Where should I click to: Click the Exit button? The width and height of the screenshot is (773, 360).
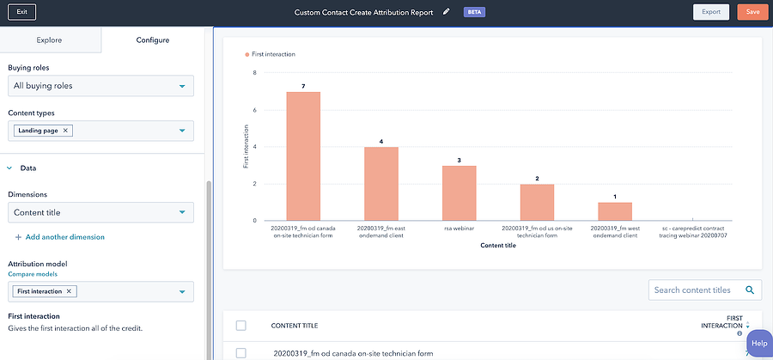(21, 12)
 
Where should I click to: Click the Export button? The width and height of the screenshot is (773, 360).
(710, 12)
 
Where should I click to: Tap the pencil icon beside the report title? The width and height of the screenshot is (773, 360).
(446, 12)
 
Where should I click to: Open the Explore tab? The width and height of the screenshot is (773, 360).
(49, 40)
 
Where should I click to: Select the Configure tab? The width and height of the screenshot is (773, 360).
(153, 40)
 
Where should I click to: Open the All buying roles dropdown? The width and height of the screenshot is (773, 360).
(100, 86)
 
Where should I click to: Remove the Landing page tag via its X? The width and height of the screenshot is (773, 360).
(66, 131)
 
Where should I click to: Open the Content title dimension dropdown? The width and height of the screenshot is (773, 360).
(100, 212)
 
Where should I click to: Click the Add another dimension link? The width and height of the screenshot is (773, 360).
(60, 237)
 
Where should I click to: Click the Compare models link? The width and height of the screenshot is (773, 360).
(33, 274)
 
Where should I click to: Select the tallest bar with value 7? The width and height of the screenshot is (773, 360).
(303, 156)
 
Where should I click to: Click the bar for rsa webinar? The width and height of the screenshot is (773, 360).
(459, 192)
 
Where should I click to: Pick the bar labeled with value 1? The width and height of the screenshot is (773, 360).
(614, 211)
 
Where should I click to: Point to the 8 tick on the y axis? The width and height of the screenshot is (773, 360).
(254, 73)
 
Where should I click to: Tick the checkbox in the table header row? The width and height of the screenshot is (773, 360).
(240, 326)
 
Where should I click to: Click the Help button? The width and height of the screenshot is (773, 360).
(758, 344)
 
